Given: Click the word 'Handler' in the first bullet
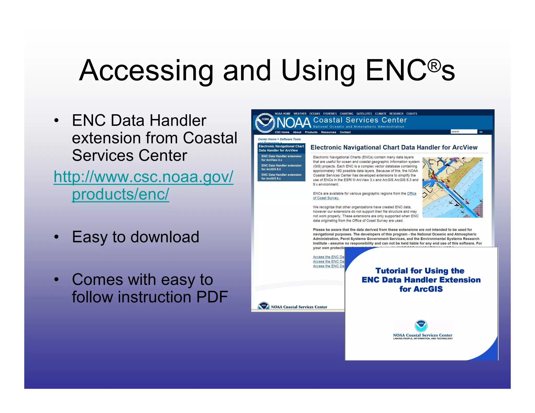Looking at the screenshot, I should tap(178, 121).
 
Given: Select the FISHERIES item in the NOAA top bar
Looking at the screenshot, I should tap(330, 114).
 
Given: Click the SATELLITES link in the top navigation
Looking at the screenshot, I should tap(364, 114).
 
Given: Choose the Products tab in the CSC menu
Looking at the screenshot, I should tap(311, 132).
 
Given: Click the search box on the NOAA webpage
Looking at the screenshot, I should tap(463, 132).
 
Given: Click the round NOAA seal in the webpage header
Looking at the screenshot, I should tap(265, 123).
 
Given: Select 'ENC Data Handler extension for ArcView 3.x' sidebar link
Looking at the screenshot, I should tap(281, 158).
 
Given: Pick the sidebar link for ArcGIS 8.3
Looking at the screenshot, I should tap(281, 167).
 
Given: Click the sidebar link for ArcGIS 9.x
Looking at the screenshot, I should tap(281, 176).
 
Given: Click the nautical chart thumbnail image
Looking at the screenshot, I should tap(452, 187).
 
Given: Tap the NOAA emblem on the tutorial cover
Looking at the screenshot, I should tap(421, 326).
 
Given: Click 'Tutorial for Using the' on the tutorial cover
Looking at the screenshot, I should tap(420, 271).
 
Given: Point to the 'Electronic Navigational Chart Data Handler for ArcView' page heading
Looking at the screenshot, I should tap(394, 147).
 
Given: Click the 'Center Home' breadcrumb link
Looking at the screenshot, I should tap(267, 139).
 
